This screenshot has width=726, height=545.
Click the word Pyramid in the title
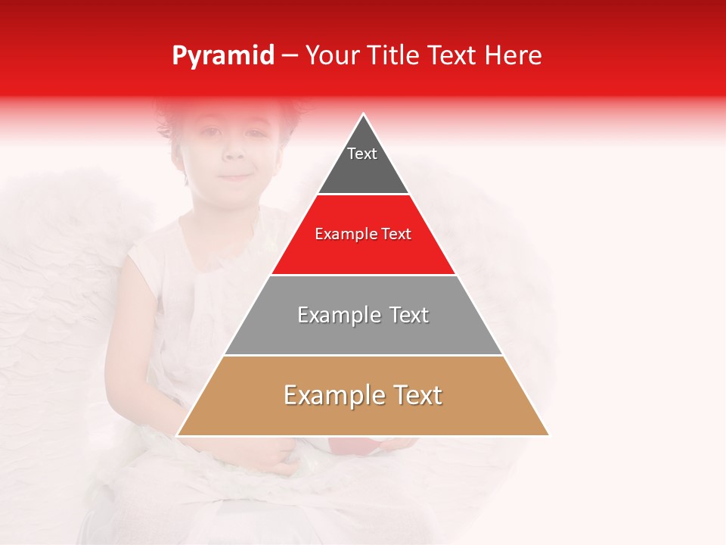pyautogui.click(x=223, y=56)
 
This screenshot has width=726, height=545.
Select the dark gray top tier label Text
pyautogui.click(x=362, y=154)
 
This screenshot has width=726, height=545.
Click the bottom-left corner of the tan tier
pyautogui.click(x=178, y=435)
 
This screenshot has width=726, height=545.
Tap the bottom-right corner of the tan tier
pyautogui.click(x=548, y=435)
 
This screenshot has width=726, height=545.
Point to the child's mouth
pyautogui.click(x=236, y=177)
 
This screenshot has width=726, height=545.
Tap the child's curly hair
pyautogui.click(x=189, y=117)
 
